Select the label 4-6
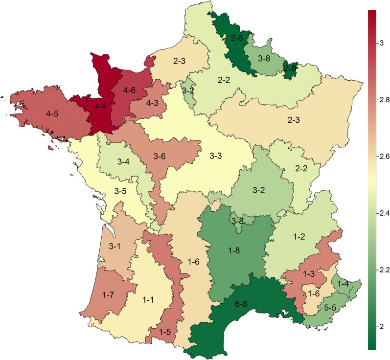[129, 90]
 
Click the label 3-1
[115, 246]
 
